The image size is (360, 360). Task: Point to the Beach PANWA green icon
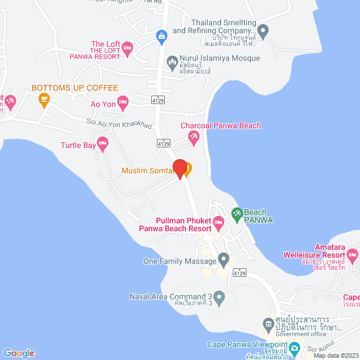(236, 213)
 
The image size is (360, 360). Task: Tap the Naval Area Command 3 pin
(220, 296)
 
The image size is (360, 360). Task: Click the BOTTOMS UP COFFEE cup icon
(43, 100)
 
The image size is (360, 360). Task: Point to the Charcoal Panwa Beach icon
(194, 137)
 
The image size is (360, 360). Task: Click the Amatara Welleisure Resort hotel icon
(352, 256)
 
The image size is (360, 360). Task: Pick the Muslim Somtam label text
(147, 170)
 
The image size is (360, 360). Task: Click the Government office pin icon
(268, 324)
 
